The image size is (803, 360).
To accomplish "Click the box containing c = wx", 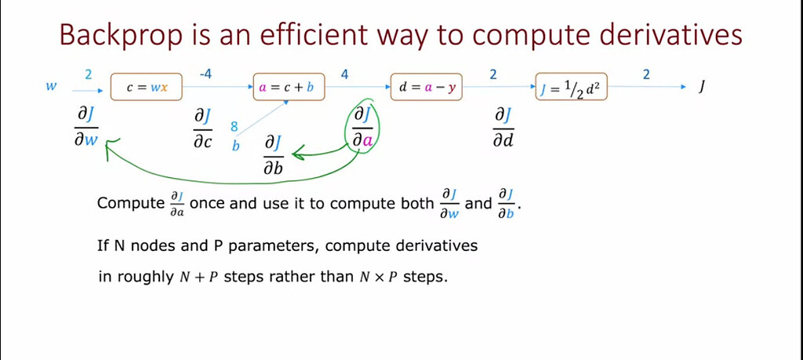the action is pos(147,87).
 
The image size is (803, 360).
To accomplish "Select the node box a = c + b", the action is pos(289,87).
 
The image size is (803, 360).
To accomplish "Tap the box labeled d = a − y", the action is pos(427,87).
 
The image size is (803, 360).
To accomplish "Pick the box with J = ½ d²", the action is pos(572,87).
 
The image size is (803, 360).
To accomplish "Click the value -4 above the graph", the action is pos(205,75).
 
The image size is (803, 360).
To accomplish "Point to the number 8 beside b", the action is pos(234,127).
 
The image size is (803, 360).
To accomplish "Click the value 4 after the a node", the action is pos(345,75).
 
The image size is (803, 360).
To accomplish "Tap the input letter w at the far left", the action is pos(51,86).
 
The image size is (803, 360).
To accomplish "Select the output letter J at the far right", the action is pos(702,88).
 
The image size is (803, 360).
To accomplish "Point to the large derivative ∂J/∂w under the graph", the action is pos(86,128).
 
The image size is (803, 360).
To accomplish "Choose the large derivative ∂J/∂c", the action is pos(203,130).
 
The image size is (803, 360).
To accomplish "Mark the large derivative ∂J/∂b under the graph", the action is pos(274,155).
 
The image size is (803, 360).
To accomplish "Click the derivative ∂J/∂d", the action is pos(503,129).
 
